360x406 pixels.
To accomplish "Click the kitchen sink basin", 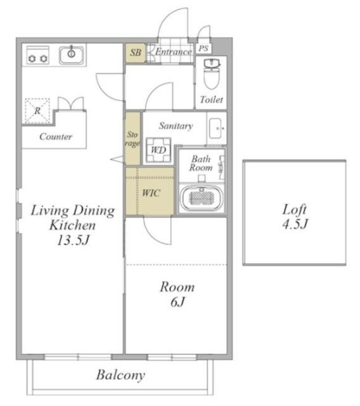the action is point(72,55).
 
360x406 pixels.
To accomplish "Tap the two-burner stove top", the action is point(38,55).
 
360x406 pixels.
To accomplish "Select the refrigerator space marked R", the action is point(37,111).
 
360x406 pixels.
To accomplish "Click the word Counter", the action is point(56,136).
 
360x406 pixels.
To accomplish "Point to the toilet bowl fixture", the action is point(212,74).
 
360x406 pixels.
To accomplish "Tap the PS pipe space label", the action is point(203,48).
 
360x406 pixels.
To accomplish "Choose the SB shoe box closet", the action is point(135,53).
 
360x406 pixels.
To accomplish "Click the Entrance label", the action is point(174,51).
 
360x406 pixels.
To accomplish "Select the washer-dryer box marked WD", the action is point(158,150).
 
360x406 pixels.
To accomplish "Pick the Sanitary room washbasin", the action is point(217,128).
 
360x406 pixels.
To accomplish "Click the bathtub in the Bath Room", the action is point(202,198).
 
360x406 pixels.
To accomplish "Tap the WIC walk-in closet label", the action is point(151,193).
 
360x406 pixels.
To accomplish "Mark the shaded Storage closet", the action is point(133,138).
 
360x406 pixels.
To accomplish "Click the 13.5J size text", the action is point(73,240).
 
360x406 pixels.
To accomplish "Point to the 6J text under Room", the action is point(177,302).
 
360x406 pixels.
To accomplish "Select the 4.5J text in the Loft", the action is point(295,224).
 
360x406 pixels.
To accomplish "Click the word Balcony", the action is point(120,375).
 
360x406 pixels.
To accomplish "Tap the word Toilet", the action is point(211,100).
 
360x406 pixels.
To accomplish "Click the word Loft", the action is point(294,210).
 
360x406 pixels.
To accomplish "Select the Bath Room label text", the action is point(201,163).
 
